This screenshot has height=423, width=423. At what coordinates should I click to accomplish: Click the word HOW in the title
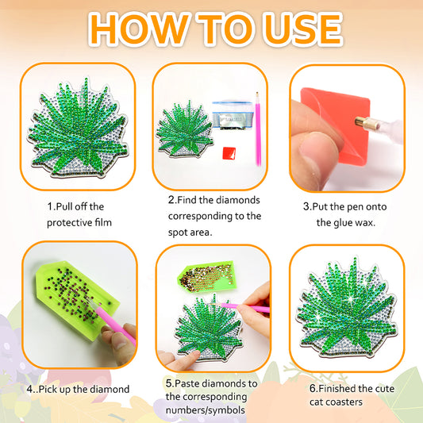coord(138,29)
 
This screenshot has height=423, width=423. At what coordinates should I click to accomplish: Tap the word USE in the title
coord(303,29)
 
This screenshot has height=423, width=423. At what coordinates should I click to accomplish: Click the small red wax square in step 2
coord(229,153)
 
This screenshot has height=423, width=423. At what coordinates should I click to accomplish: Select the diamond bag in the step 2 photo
coord(233,115)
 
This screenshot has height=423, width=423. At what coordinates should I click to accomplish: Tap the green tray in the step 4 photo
coord(78,299)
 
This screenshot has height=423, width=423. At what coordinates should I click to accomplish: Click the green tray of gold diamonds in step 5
coord(207,277)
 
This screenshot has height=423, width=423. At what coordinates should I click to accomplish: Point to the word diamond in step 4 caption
coord(110,390)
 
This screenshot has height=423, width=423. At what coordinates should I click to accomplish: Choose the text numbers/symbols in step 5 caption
coord(206,410)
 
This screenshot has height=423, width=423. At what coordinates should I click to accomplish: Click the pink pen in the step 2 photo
coord(258,129)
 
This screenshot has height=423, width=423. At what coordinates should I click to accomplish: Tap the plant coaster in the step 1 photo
coord(78,128)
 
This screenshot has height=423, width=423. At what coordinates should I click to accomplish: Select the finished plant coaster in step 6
coord(346,308)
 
